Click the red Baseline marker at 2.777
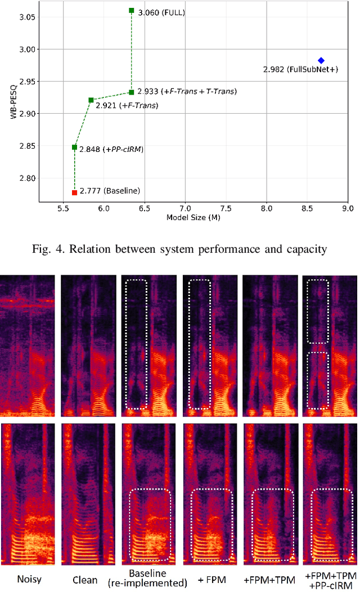tap(74, 192)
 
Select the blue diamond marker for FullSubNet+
tap(321, 60)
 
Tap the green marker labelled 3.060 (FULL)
tap(132, 10)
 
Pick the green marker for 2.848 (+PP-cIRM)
tap(74, 147)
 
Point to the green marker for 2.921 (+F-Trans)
tap(91, 100)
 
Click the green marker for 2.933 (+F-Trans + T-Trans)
tap(132, 92)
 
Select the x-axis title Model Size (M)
tap(193, 217)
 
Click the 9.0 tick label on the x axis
tap(348, 209)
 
